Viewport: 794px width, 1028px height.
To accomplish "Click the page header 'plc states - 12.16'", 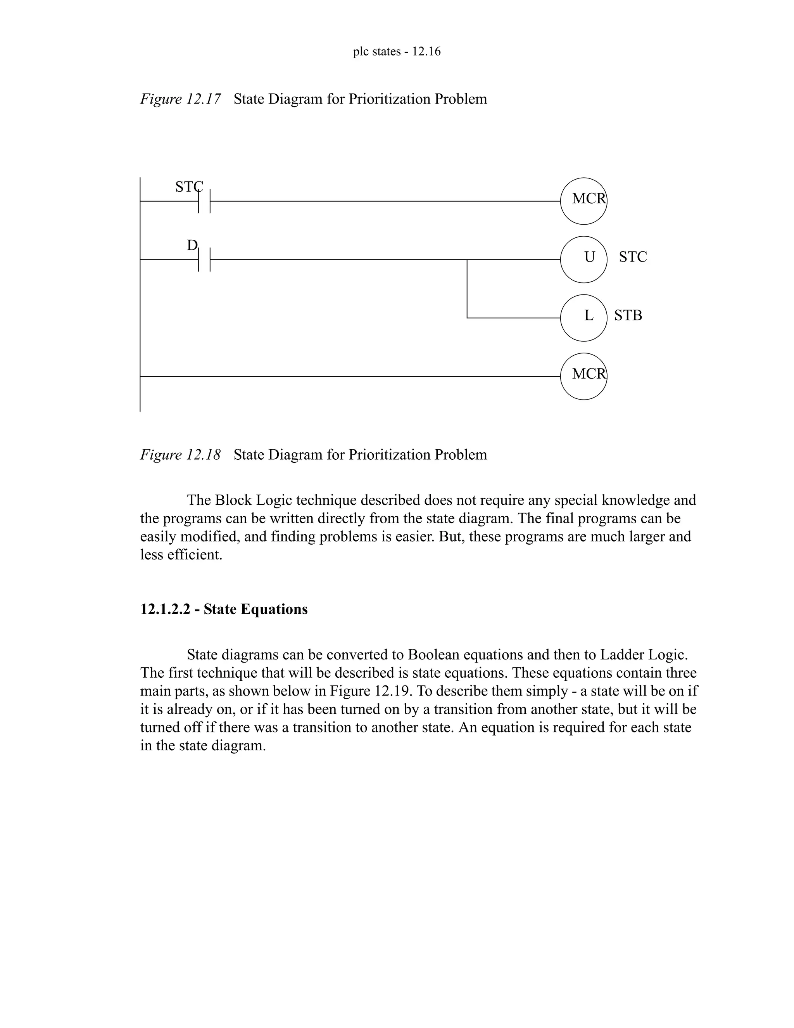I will [397, 51].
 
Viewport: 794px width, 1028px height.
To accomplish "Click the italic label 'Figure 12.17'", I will [180, 99].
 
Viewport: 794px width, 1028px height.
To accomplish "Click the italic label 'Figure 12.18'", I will [180, 455].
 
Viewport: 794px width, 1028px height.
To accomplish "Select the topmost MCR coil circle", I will [583, 201].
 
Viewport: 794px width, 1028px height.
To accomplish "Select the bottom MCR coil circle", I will [583, 376].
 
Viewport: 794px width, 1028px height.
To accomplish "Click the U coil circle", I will [583, 260].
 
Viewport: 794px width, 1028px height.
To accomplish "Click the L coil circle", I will [583, 318].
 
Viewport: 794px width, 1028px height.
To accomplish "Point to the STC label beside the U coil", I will [633, 257].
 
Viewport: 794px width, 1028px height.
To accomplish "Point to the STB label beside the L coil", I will [628, 315].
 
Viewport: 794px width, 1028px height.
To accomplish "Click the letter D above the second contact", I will [192, 245].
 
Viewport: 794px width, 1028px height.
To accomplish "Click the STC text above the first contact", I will [189, 187].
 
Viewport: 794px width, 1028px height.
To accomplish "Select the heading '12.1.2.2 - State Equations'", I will [224, 609].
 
